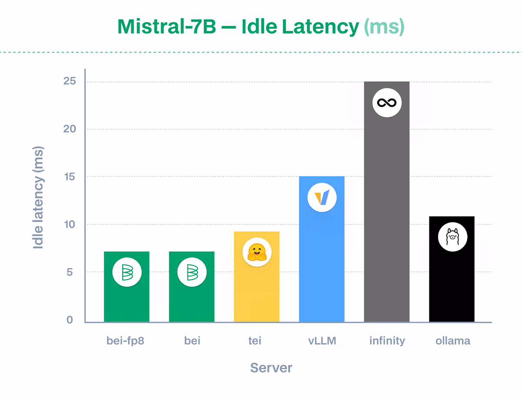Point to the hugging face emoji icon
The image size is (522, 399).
257,252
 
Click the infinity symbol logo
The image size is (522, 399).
387,103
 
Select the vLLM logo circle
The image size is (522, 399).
322,198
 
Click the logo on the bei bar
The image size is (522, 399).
192,273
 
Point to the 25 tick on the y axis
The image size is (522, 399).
71,82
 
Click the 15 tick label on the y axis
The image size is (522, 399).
71,177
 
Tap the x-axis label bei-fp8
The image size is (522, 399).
125,341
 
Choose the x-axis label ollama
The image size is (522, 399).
453,341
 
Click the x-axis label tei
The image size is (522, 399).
255,341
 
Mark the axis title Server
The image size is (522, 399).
271,368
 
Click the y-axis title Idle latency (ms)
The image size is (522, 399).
39,198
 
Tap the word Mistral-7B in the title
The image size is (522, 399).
166,27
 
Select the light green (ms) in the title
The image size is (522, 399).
384,27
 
